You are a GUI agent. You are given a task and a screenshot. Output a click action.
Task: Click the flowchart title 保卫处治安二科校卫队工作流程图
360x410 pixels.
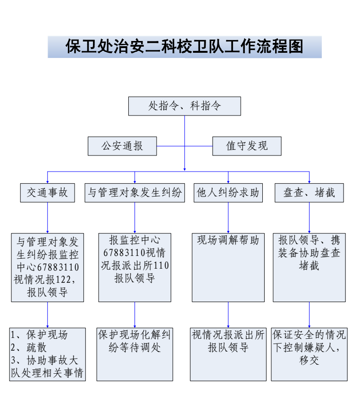[184, 47]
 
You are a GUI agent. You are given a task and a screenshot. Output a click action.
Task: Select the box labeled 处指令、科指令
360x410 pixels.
[184, 106]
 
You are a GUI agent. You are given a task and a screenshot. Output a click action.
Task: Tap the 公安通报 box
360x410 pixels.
[122, 146]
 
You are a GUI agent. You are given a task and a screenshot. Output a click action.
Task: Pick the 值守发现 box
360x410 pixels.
[247, 146]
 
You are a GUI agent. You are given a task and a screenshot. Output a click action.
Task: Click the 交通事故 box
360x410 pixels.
[47, 193]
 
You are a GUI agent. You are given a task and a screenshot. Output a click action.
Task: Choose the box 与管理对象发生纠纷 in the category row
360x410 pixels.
[134, 193]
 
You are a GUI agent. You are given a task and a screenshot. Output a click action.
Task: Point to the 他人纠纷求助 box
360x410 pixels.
[228, 193]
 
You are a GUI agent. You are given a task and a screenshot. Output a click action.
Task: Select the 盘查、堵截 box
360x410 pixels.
[309, 193]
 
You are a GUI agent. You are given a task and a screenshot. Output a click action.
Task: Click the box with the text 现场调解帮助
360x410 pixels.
[228, 267]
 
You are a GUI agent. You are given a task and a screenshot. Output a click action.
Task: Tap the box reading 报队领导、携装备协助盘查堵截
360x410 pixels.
[309, 267]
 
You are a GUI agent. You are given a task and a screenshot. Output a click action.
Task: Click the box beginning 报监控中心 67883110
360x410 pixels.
[134, 267]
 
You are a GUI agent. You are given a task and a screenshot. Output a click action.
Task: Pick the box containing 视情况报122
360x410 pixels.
[47, 267]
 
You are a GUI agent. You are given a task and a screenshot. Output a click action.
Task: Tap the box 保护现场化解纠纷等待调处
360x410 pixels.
[134, 354]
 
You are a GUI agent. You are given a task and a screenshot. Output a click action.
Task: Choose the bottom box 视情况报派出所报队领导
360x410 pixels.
[228, 354]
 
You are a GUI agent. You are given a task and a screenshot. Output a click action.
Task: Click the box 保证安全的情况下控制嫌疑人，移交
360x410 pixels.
[309, 354]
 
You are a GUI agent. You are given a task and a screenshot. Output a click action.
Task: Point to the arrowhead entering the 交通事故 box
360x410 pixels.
[48, 181]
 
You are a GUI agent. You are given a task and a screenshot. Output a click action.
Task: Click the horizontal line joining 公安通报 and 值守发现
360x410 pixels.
[184, 146]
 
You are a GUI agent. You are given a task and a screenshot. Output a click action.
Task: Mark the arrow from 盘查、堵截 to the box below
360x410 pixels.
[310, 217]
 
